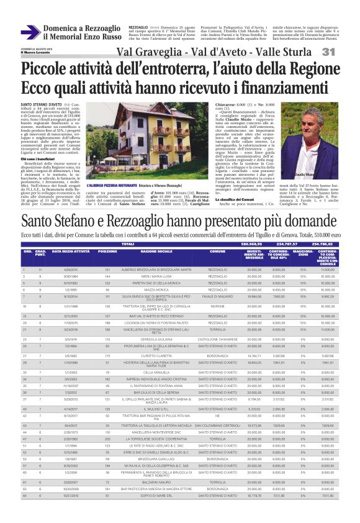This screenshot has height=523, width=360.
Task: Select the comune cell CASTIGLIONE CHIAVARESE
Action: pos(217,340)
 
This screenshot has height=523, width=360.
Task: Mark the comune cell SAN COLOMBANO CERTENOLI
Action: pos(217,425)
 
